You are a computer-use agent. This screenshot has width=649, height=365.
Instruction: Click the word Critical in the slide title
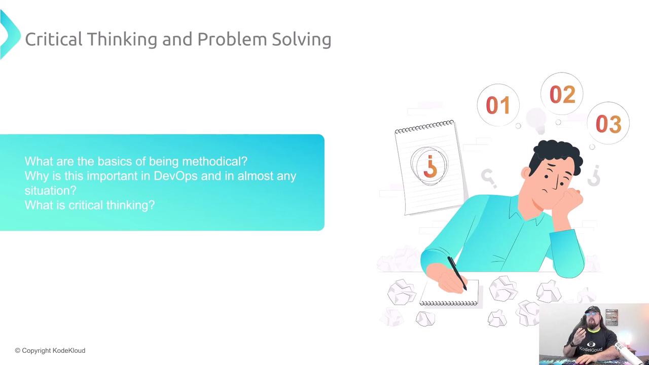click(54, 39)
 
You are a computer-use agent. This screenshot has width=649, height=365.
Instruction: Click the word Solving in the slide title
click(302, 40)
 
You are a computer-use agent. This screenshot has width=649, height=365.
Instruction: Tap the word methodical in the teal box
click(214, 161)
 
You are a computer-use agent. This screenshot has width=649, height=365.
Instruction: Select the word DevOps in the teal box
click(175, 176)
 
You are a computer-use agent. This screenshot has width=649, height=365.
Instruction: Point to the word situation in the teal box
click(50, 191)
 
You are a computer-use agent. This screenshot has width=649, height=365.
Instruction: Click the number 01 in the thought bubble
click(498, 105)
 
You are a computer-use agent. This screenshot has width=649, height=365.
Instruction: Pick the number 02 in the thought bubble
click(562, 94)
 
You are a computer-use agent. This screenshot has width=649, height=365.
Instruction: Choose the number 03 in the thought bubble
click(608, 124)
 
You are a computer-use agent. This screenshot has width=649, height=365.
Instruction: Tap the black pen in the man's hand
click(457, 273)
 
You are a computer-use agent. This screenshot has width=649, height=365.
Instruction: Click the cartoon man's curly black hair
click(556, 157)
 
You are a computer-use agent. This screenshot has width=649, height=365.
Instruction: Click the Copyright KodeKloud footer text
click(50, 350)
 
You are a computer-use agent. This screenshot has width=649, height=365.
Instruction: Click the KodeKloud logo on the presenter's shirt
click(591, 347)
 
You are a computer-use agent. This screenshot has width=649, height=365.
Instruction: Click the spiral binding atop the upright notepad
click(424, 127)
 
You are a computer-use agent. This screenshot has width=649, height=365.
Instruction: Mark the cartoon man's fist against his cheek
click(568, 199)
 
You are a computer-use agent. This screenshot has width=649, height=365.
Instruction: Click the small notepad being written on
click(449, 293)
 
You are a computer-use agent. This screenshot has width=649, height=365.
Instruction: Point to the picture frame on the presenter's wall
click(611, 317)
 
